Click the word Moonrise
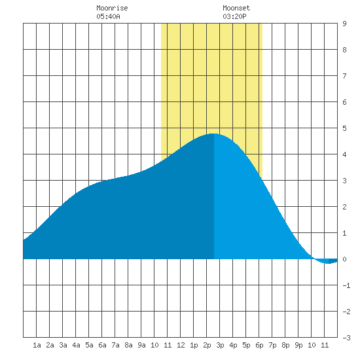point(112,8)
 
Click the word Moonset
point(236,8)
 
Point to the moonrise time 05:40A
point(108,16)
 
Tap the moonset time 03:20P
point(234,16)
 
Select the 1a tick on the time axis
point(37,345)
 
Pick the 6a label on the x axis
point(102,345)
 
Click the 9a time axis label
point(141,345)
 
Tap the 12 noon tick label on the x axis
point(181,345)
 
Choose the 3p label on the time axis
point(220,345)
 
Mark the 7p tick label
point(272,345)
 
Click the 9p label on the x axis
point(298,345)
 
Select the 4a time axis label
point(76,345)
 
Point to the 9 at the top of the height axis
point(344,24)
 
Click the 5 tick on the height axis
point(344,128)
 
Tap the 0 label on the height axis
point(344,259)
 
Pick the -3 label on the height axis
point(346,338)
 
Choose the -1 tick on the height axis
point(346,285)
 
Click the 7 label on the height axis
point(344,76)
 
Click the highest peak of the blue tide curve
point(214,134)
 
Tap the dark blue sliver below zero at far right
point(333,261)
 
